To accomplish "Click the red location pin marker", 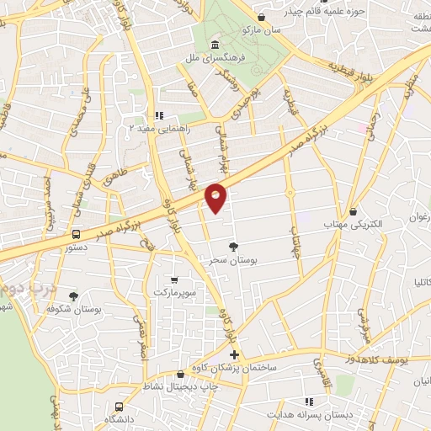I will coord(216,197).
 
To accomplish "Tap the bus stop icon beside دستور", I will coord(77,235).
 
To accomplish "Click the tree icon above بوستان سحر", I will coord(233,245).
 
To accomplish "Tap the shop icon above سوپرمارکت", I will coord(173,279).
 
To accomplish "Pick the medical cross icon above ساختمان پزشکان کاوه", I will coord(234,354).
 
